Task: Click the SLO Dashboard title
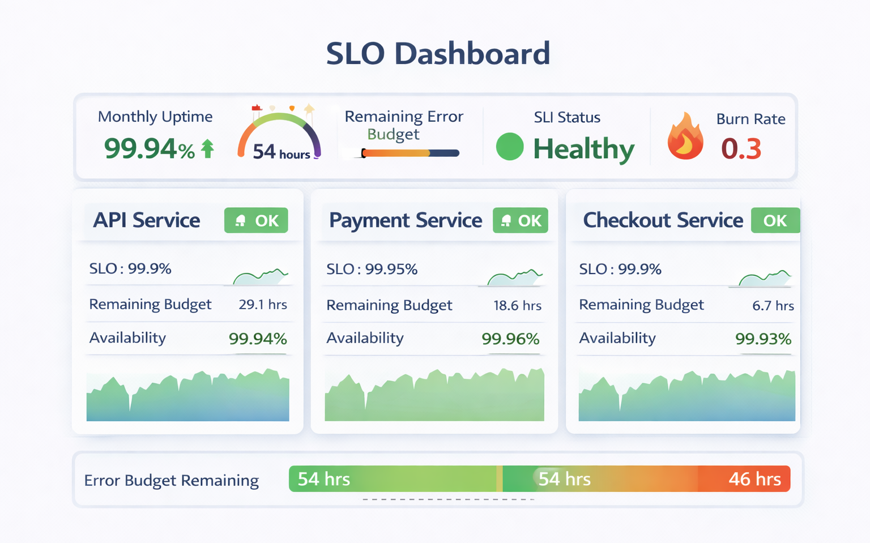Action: (438, 54)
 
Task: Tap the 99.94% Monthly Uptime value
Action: (149, 149)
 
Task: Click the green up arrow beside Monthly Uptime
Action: (208, 148)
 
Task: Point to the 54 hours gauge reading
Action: (281, 152)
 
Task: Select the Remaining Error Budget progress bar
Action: (410, 153)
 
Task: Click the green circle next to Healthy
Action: (510, 147)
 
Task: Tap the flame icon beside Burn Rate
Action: (685, 137)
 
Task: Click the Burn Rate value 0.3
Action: (741, 149)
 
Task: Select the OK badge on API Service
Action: (256, 220)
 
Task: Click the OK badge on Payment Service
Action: (521, 220)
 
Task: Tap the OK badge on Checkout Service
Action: (775, 220)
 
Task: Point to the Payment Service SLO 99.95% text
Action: (372, 269)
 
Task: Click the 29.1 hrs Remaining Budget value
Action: (263, 305)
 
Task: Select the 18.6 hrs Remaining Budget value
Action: (517, 306)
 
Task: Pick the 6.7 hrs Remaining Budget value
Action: (773, 306)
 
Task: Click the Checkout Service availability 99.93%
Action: (763, 339)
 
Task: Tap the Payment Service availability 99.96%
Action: (510, 339)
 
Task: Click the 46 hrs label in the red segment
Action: (754, 479)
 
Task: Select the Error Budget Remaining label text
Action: (171, 480)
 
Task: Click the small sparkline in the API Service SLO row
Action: (261, 276)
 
